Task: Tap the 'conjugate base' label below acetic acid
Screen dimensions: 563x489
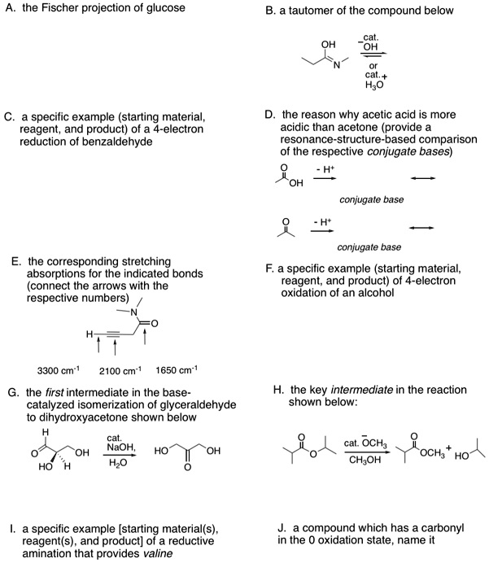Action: [x=372, y=200]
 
